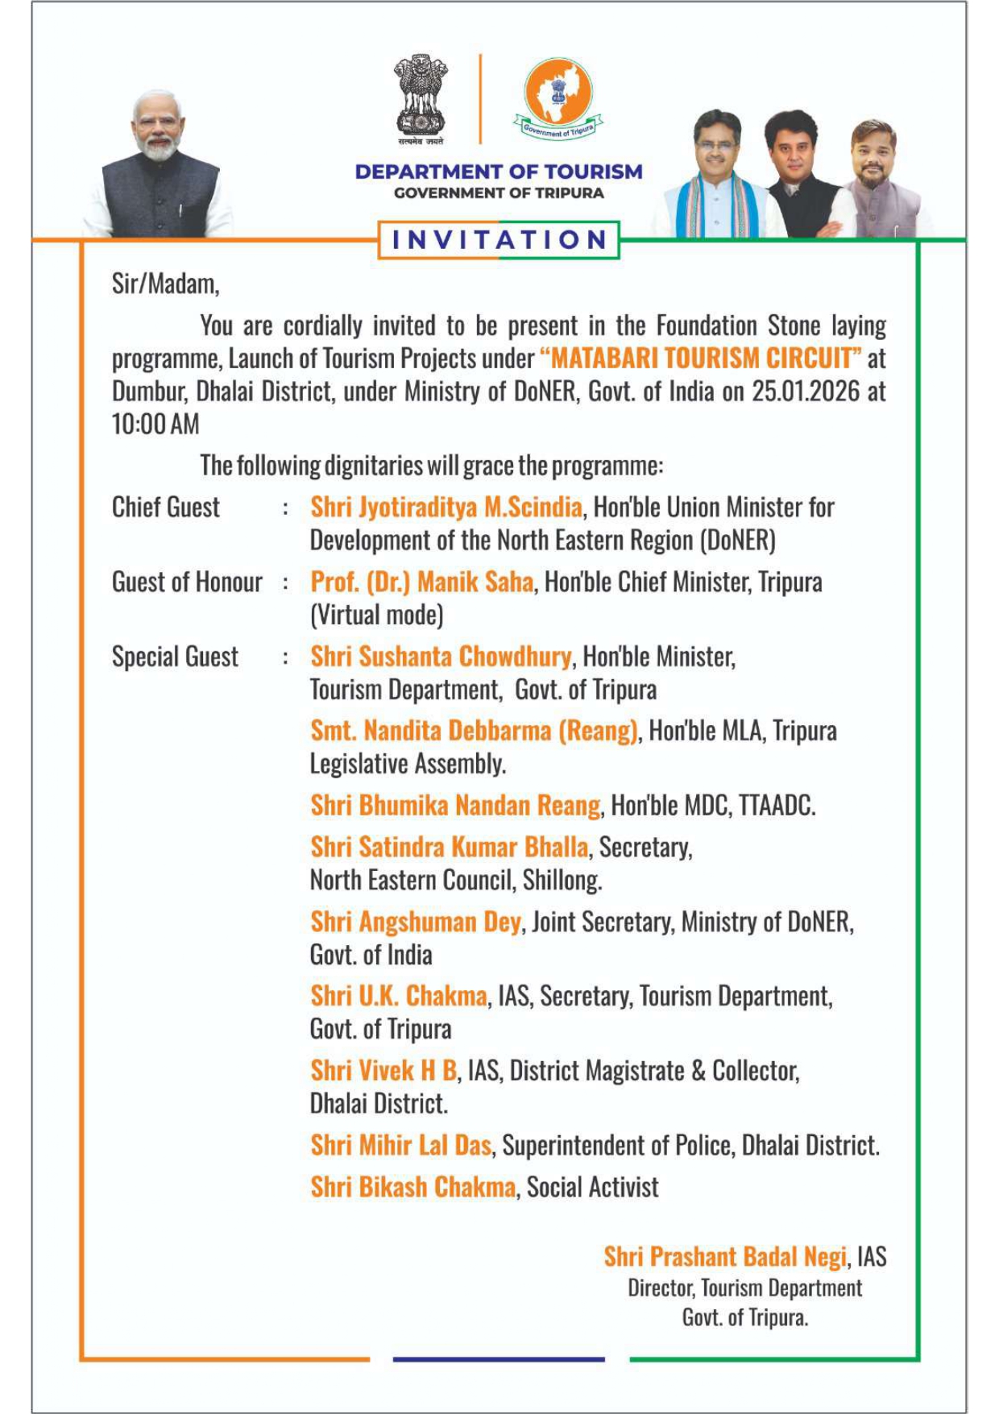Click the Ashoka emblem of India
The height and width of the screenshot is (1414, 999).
[x=420, y=97]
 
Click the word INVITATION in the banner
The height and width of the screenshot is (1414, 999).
[x=499, y=240]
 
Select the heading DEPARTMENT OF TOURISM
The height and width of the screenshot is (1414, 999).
[x=499, y=172]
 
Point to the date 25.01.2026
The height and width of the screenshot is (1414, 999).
[x=803, y=392]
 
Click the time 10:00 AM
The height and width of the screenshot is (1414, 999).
[x=155, y=425]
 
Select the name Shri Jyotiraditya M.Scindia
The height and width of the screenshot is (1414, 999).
[x=446, y=508]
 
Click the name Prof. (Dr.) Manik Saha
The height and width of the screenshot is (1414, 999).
[x=422, y=582]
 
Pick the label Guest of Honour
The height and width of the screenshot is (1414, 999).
[x=187, y=582]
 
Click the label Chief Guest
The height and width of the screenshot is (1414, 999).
[x=166, y=508]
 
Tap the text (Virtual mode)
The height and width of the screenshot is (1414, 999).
[x=377, y=616]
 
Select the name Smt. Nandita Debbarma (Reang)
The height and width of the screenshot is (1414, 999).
[x=475, y=731]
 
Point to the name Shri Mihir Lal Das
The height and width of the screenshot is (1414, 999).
[x=401, y=1146]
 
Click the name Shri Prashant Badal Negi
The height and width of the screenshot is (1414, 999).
[x=725, y=1257]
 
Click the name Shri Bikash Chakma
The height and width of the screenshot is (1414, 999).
[x=413, y=1188]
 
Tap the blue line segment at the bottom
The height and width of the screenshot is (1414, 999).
[x=499, y=1359]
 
